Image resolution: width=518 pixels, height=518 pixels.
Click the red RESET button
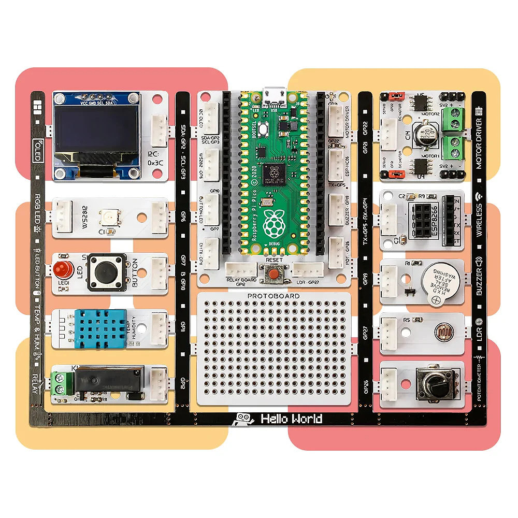pyautogui.click(x=273, y=272)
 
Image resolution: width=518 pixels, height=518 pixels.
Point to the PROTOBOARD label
pyautogui.click(x=273, y=296)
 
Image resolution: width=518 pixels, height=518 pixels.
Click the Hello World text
pyautogui.click(x=291, y=419)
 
